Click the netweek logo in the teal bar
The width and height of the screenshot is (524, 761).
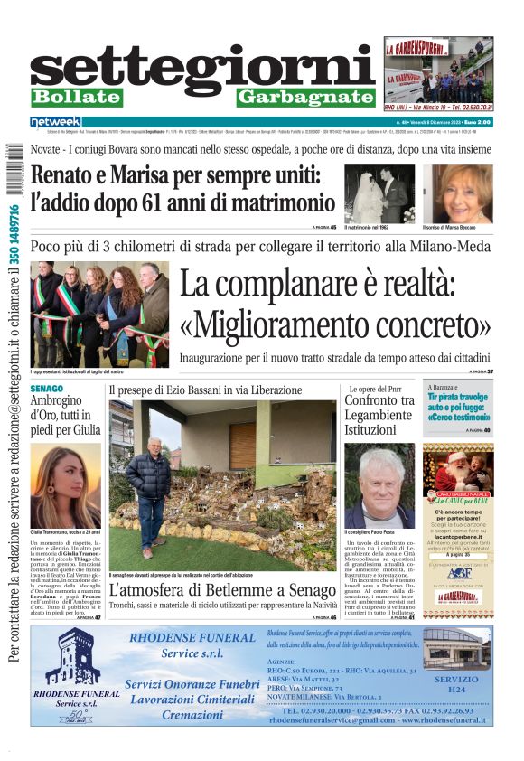click(55, 121)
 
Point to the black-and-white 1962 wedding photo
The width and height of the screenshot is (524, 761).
click(379, 193)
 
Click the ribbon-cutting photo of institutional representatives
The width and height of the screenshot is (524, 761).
click(99, 314)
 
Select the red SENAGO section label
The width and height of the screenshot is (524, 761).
click(46, 389)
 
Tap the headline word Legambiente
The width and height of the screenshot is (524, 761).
click(380, 415)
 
